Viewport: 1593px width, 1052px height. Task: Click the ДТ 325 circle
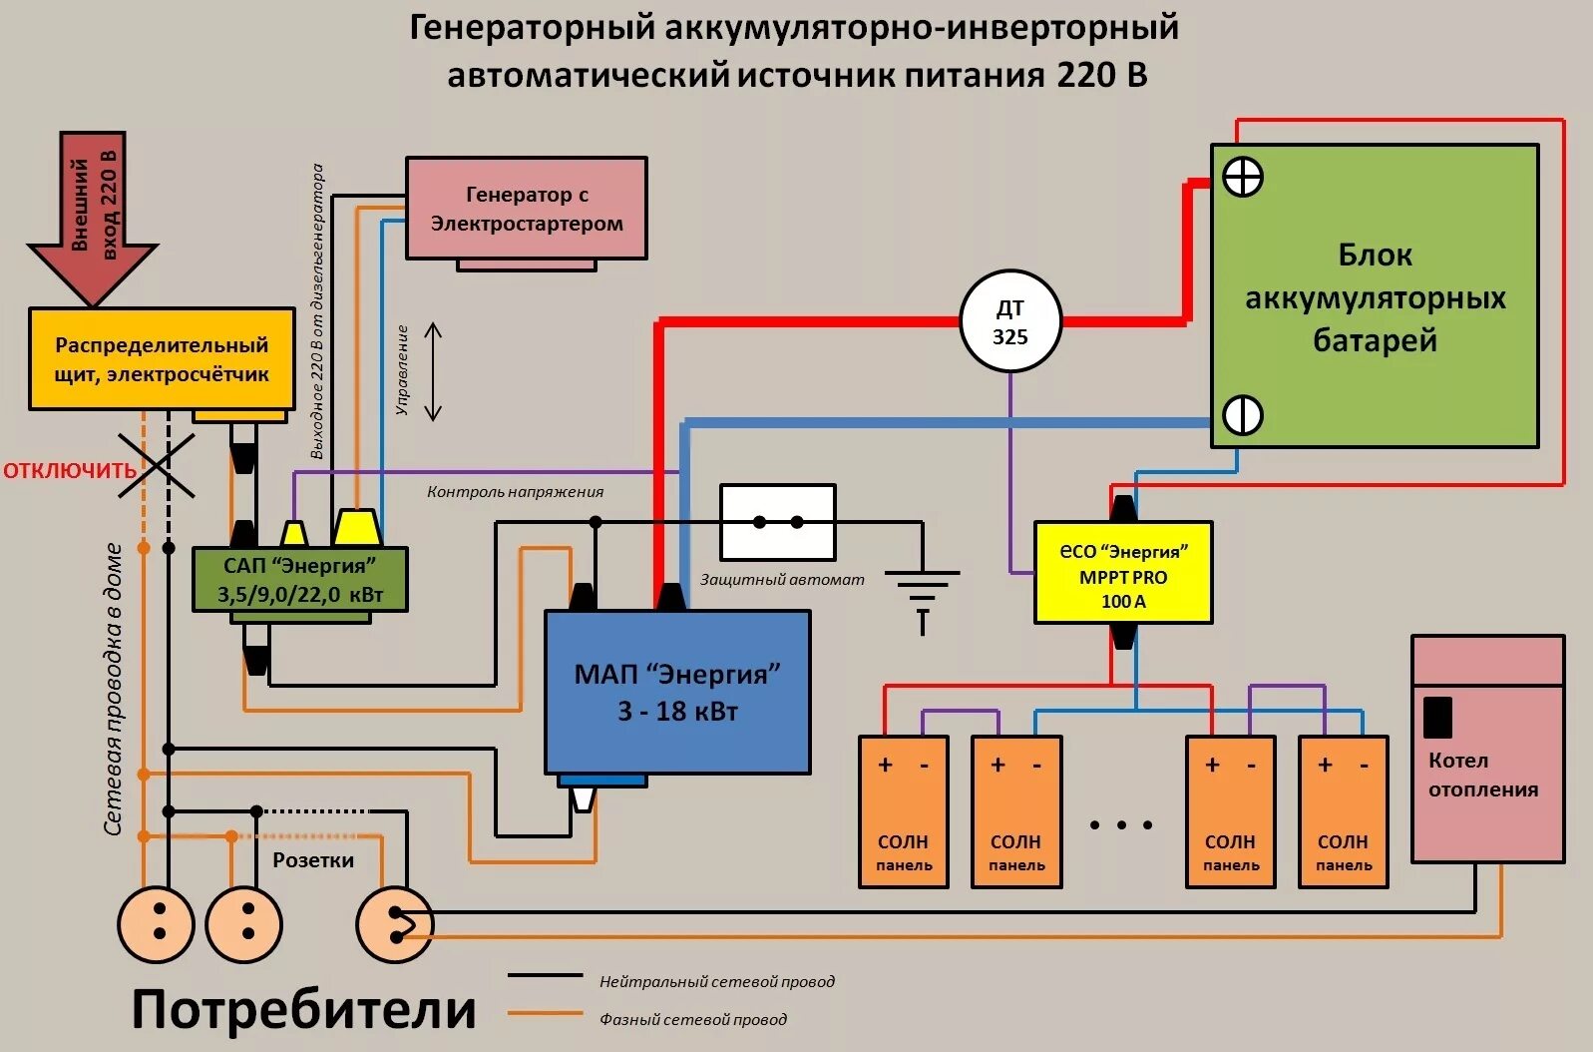coord(1009,321)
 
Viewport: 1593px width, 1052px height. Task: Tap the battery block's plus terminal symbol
coord(1243,178)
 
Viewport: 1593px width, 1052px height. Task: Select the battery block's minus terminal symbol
coord(1243,414)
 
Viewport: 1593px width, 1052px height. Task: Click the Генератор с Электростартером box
coord(526,208)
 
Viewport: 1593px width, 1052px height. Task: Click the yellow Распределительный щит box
coord(162,359)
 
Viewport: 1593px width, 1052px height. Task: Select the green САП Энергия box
coord(299,580)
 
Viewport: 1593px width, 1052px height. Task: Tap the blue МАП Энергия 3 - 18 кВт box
coord(676,692)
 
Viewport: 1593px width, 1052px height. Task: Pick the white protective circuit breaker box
coord(778,522)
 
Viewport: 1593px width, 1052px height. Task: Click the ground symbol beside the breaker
coord(922,593)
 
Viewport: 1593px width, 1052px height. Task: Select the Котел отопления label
coord(1482,775)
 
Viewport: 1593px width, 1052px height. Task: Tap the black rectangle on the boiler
coord(1437,717)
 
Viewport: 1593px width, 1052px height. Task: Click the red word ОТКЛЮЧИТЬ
coord(68,470)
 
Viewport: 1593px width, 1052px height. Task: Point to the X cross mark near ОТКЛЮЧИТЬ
coord(157,465)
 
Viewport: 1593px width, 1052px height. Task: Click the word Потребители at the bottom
coord(304,1009)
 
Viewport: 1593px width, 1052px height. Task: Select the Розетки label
coord(313,860)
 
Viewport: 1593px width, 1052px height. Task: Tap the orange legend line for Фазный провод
coord(545,1014)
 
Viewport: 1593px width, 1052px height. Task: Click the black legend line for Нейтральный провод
coord(545,975)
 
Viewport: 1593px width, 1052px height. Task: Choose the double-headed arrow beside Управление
coord(433,371)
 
